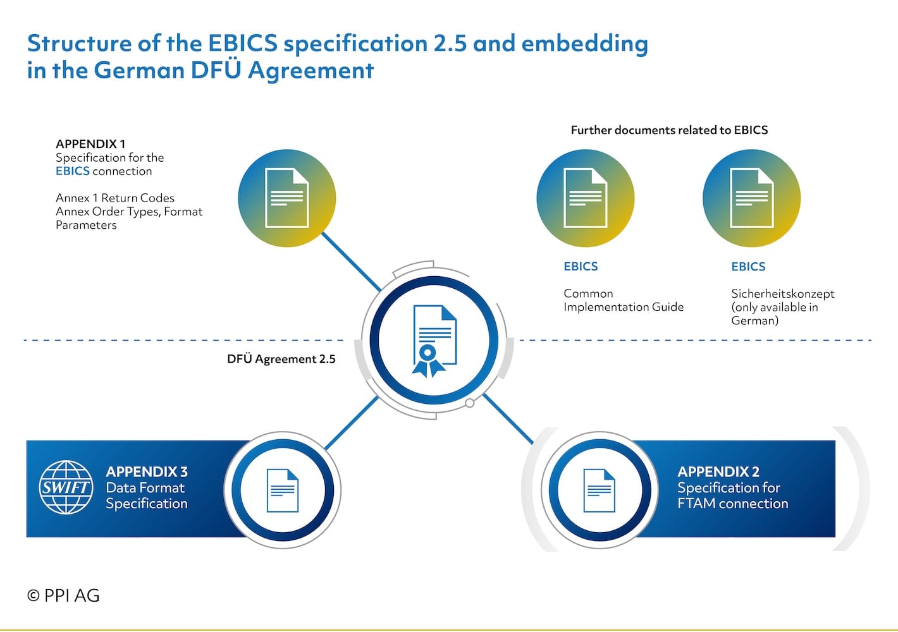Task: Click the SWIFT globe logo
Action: point(66,487)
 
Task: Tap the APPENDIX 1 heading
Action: point(90,143)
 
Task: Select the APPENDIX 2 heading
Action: point(718,471)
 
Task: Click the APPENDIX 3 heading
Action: point(147,471)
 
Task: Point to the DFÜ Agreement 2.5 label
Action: point(281,359)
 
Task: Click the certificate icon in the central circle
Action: point(434,341)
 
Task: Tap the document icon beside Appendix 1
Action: point(286,198)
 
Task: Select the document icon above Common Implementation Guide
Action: point(586,198)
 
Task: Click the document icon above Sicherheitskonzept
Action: point(752,198)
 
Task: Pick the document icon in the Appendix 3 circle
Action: point(283,490)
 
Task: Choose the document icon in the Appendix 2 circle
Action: point(600,490)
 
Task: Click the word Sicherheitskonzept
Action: point(782,294)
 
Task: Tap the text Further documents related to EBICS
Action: point(669,130)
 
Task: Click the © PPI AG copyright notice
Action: point(63,595)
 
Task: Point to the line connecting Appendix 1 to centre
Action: point(351,262)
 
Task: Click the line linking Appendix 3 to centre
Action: point(351,423)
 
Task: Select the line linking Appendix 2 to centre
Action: point(508,419)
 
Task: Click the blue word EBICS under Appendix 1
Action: point(73,171)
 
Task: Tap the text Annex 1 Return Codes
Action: point(115,198)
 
